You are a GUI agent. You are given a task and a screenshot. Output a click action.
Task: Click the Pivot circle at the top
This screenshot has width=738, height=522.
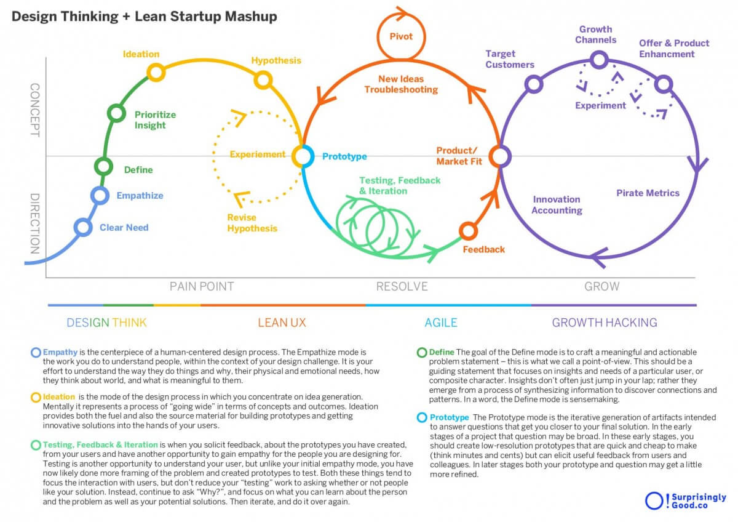[x=400, y=36]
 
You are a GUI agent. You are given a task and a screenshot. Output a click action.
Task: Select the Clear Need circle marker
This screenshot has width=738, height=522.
[x=83, y=227]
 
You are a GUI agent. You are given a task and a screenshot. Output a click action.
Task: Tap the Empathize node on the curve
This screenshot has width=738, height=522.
[x=100, y=195]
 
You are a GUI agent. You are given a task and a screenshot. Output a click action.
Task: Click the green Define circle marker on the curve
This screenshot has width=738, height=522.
[x=103, y=166]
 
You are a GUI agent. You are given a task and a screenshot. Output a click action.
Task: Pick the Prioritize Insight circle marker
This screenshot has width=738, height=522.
[x=116, y=113]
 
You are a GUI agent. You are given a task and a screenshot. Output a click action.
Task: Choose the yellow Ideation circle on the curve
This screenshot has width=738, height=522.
[x=156, y=73]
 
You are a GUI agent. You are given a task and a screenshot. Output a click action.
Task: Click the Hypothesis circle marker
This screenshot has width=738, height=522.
[x=263, y=79]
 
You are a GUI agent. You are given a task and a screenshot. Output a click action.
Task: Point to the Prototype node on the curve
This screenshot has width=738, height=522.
[x=302, y=156]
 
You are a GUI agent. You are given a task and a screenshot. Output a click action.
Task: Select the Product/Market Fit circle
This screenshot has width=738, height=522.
[x=500, y=156]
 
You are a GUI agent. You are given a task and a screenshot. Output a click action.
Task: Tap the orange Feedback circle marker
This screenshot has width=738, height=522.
[x=469, y=231]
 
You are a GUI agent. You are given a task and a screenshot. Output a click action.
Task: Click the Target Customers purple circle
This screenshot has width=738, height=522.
[x=534, y=84]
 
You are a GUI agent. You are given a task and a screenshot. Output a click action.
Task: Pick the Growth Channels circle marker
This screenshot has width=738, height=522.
[x=599, y=60]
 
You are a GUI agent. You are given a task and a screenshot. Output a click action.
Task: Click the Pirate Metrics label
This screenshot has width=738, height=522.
[x=648, y=193]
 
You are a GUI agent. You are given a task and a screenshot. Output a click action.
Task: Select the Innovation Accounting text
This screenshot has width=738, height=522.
[x=557, y=204]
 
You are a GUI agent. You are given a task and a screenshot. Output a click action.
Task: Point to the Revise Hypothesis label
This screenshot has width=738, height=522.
[x=252, y=223]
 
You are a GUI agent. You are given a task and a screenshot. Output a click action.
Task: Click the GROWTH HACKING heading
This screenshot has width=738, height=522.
[x=604, y=322]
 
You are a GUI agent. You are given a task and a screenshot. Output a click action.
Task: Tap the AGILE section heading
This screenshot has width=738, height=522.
[x=441, y=322]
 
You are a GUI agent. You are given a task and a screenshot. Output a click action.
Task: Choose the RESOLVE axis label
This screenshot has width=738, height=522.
[x=402, y=286]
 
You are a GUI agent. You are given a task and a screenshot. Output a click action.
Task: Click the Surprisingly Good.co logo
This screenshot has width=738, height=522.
[x=684, y=500]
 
